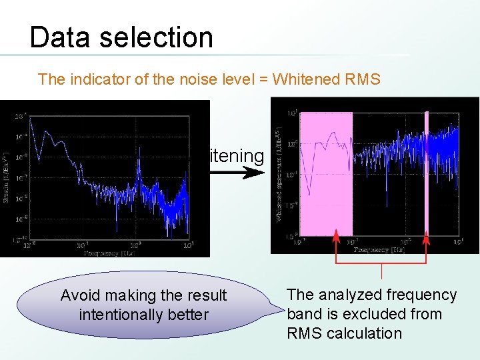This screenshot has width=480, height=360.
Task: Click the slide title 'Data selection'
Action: click(x=121, y=37)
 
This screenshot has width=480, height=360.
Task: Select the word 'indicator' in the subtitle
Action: click(x=91, y=79)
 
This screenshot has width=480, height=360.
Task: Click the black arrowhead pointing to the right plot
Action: click(x=254, y=173)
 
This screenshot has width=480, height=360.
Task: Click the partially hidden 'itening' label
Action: click(x=237, y=155)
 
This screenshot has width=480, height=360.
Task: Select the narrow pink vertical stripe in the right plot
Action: click(x=427, y=173)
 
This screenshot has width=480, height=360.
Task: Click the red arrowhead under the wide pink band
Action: click(x=335, y=234)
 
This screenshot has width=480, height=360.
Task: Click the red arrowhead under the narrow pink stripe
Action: click(x=427, y=234)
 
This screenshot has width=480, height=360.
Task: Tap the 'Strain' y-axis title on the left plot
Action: click(x=6, y=177)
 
